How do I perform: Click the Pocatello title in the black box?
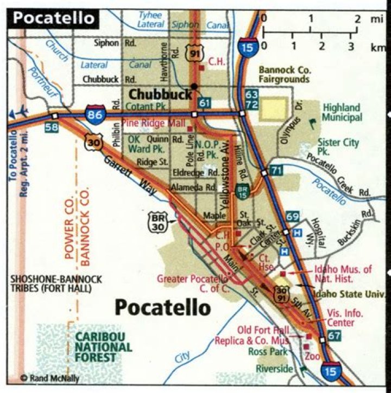pos(53,17)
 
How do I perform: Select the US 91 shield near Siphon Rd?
pos(194,53)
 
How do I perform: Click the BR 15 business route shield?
pos(243,191)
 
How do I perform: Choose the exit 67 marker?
pos(335,336)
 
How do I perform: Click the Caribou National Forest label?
pos(103,347)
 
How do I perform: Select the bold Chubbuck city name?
pos(160,94)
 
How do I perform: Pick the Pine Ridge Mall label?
pos(153,123)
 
